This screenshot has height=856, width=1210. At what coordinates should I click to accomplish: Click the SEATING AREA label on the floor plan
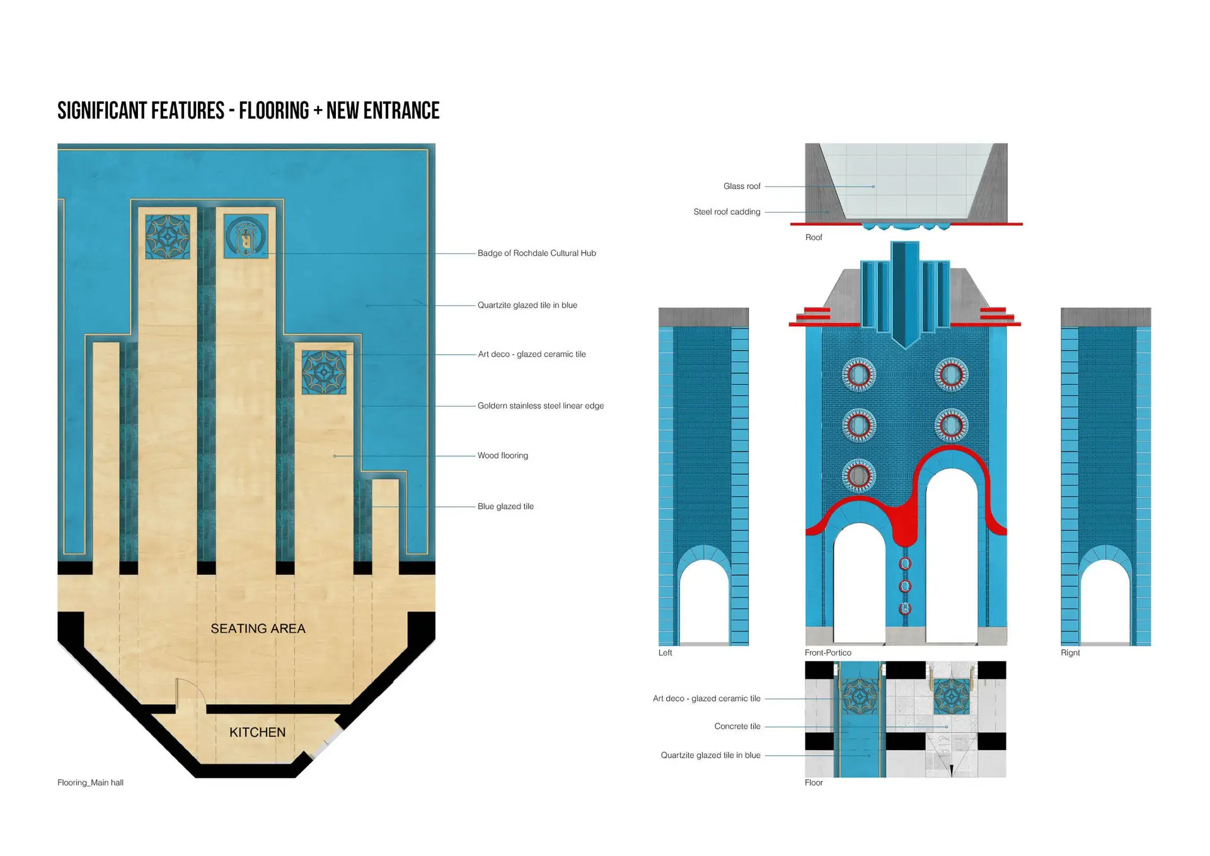(258, 628)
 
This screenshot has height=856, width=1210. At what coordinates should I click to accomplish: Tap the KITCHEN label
(257, 732)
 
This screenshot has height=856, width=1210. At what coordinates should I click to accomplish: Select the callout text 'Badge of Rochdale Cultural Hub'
(536, 253)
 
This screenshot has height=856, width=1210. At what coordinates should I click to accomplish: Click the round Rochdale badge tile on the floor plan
(246, 236)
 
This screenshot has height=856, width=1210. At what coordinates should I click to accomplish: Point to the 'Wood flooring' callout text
(502, 456)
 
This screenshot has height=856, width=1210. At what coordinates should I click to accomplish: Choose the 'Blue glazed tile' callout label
(505, 506)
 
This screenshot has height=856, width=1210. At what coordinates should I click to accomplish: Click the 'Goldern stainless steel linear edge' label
(540, 406)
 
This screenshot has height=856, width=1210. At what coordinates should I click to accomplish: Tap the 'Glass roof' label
(742, 187)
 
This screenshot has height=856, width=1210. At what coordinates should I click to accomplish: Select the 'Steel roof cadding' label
(727, 212)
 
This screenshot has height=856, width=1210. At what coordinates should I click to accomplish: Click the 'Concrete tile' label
(737, 726)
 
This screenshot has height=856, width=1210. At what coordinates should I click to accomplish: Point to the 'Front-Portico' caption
(827, 653)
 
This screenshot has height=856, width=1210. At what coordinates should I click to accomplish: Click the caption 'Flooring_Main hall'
(90, 783)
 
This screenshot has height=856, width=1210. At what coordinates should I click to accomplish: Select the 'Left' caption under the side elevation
(665, 653)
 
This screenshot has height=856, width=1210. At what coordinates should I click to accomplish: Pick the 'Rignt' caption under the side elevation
(1070, 653)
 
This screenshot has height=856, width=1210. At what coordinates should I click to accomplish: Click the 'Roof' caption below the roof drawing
(814, 238)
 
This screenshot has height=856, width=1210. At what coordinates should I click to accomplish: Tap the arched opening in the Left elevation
(703, 602)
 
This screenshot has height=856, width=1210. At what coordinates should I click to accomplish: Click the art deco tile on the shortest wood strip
(324, 373)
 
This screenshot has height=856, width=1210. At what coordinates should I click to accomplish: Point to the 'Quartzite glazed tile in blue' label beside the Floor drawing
(710, 755)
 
